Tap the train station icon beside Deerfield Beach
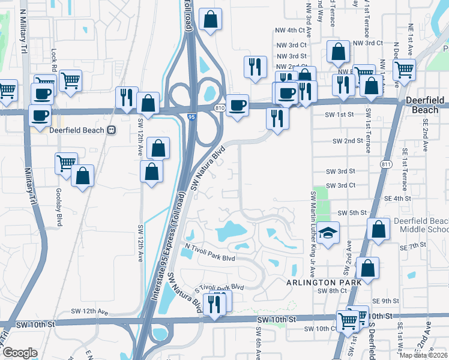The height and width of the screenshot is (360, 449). [111, 130]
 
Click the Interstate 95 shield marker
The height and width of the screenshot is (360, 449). [191, 116]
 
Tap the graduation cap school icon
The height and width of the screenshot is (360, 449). [328, 233]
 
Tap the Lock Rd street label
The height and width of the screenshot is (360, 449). [54, 58]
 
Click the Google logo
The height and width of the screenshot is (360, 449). [19, 353]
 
